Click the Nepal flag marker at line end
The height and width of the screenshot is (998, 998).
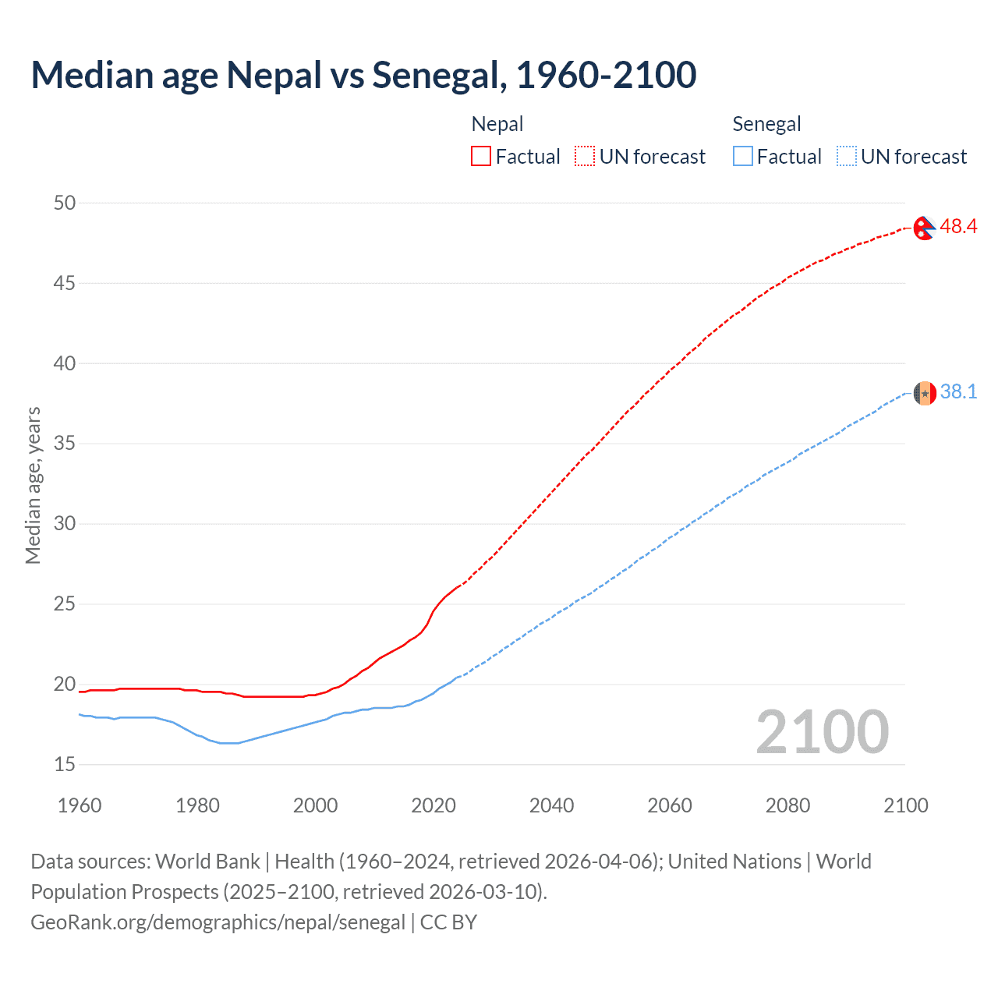924,228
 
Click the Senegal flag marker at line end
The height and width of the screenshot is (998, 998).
925,393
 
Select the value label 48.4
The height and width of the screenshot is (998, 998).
958,227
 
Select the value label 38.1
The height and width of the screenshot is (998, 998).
958,391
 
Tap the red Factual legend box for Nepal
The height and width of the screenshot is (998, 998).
481,157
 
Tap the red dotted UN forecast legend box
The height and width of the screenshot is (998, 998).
585,157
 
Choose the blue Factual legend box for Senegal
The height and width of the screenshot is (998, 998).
742,157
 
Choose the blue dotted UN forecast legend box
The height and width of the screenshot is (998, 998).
846,157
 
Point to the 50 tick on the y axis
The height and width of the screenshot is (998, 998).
65,203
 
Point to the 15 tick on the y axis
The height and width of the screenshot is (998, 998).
65,765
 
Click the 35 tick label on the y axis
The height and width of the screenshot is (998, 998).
65,444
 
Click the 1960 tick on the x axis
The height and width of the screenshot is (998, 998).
80,805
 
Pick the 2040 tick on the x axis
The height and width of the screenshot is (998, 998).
551,805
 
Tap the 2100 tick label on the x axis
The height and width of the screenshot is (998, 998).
905,805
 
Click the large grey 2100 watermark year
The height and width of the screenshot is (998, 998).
822,731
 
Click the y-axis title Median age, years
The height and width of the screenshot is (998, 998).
33,485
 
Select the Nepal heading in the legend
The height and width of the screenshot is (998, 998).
497,124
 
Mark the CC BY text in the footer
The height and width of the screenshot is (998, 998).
448,922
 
